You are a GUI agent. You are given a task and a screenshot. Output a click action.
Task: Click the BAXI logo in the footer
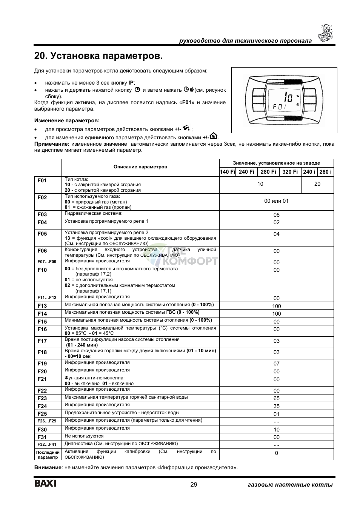point(46,484)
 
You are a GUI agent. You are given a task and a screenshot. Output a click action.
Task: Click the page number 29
point(194,485)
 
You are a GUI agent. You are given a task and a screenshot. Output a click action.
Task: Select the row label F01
point(42,180)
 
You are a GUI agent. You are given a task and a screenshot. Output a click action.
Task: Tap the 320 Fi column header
point(290,172)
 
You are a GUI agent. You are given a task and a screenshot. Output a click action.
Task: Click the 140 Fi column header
point(228,172)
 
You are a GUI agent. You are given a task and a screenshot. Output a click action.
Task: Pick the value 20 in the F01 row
point(317,184)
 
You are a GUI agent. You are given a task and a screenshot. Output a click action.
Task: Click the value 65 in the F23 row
point(276,398)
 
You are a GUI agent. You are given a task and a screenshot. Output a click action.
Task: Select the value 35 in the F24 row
point(276,406)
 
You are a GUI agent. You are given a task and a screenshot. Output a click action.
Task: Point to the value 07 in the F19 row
point(276,364)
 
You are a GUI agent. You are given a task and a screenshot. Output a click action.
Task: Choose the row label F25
point(42,414)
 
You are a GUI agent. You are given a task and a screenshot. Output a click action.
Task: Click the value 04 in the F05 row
point(276,234)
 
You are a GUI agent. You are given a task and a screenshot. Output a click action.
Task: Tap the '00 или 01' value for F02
point(276,201)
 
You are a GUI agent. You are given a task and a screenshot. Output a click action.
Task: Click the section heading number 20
point(40,56)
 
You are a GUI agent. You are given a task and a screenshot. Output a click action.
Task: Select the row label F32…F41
point(47,444)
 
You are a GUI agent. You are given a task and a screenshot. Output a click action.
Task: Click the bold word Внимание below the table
point(48,468)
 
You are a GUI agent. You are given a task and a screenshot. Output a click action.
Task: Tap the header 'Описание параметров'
point(140,167)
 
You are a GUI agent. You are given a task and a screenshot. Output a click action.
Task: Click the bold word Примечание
point(52,144)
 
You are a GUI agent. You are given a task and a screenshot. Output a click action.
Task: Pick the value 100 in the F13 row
point(276,306)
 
